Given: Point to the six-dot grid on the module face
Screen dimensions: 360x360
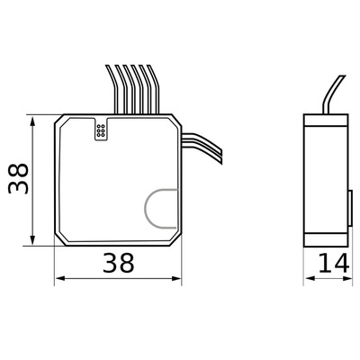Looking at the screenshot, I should click(x=102, y=131).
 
